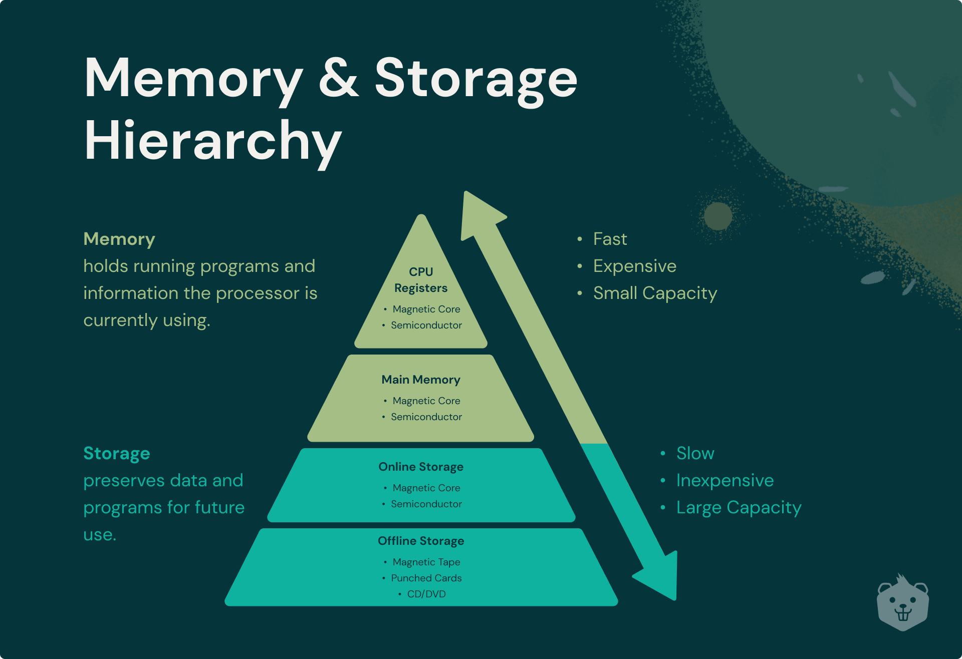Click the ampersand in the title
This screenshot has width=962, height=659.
coord(339,78)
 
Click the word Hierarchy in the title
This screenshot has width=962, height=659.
coord(213,141)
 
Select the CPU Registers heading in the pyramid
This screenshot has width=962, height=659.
coord(421,280)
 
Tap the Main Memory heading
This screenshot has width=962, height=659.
coord(421,380)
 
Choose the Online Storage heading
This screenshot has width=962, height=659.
coord(421,467)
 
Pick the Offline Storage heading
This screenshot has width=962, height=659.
coord(421,541)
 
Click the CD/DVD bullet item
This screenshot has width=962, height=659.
coord(426,594)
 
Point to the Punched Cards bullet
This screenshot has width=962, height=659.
coord(426,578)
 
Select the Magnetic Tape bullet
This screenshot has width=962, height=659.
coord(426,562)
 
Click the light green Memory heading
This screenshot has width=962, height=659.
coord(119,239)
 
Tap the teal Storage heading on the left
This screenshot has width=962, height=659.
coord(117,453)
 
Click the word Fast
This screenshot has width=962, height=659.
coord(610,239)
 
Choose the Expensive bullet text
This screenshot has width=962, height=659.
coord(634,266)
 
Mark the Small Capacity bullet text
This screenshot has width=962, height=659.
coord(655,293)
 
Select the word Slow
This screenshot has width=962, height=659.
coord(695,453)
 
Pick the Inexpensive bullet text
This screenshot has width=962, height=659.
coord(725,480)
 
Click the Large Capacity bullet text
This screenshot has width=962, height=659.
coord(739,507)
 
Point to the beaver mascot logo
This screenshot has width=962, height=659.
coord(902,603)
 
